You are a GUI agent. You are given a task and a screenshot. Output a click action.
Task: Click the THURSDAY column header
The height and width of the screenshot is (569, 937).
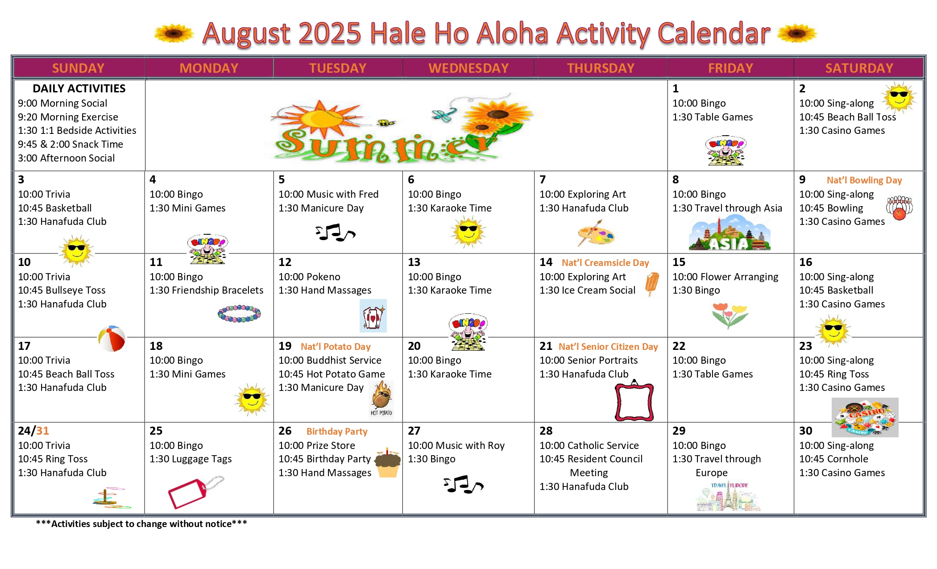[601, 68]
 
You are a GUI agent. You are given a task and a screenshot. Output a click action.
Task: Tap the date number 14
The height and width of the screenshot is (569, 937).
[546, 262]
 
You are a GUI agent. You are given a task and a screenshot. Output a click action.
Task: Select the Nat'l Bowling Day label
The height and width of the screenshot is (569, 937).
[864, 180]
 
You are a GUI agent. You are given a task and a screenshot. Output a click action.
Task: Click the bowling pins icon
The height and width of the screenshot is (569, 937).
[899, 208]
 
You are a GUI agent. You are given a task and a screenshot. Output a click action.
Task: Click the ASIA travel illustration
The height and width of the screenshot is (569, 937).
[730, 233]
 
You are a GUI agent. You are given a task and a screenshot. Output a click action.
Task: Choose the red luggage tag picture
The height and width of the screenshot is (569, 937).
[195, 492]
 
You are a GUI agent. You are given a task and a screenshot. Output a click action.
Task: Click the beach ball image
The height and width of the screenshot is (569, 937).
[112, 339]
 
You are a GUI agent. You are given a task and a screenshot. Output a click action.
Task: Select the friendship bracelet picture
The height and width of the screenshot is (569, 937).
[239, 313]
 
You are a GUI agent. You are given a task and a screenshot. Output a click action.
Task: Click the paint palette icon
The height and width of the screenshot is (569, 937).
[596, 233]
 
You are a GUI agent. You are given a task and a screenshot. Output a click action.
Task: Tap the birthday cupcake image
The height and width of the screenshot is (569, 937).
[387, 463]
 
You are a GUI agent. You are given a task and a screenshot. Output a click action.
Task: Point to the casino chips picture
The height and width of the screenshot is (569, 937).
[865, 417]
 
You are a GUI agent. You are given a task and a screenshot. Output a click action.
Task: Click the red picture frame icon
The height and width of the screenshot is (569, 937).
[634, 401]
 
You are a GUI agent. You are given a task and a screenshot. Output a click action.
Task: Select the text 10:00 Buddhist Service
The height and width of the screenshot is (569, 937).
[330, 360]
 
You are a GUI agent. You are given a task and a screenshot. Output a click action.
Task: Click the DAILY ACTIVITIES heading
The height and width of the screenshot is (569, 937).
[79, 88]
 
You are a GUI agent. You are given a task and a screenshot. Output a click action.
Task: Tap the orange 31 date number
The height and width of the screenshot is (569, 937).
[42, 431]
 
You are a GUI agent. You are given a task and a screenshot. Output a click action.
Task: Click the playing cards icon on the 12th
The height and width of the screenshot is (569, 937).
[373, 316]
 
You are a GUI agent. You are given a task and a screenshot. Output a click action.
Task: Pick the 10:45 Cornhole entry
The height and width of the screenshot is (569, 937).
[833, 459]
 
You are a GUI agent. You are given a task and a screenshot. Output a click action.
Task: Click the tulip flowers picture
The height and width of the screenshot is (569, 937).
[730, 315]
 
